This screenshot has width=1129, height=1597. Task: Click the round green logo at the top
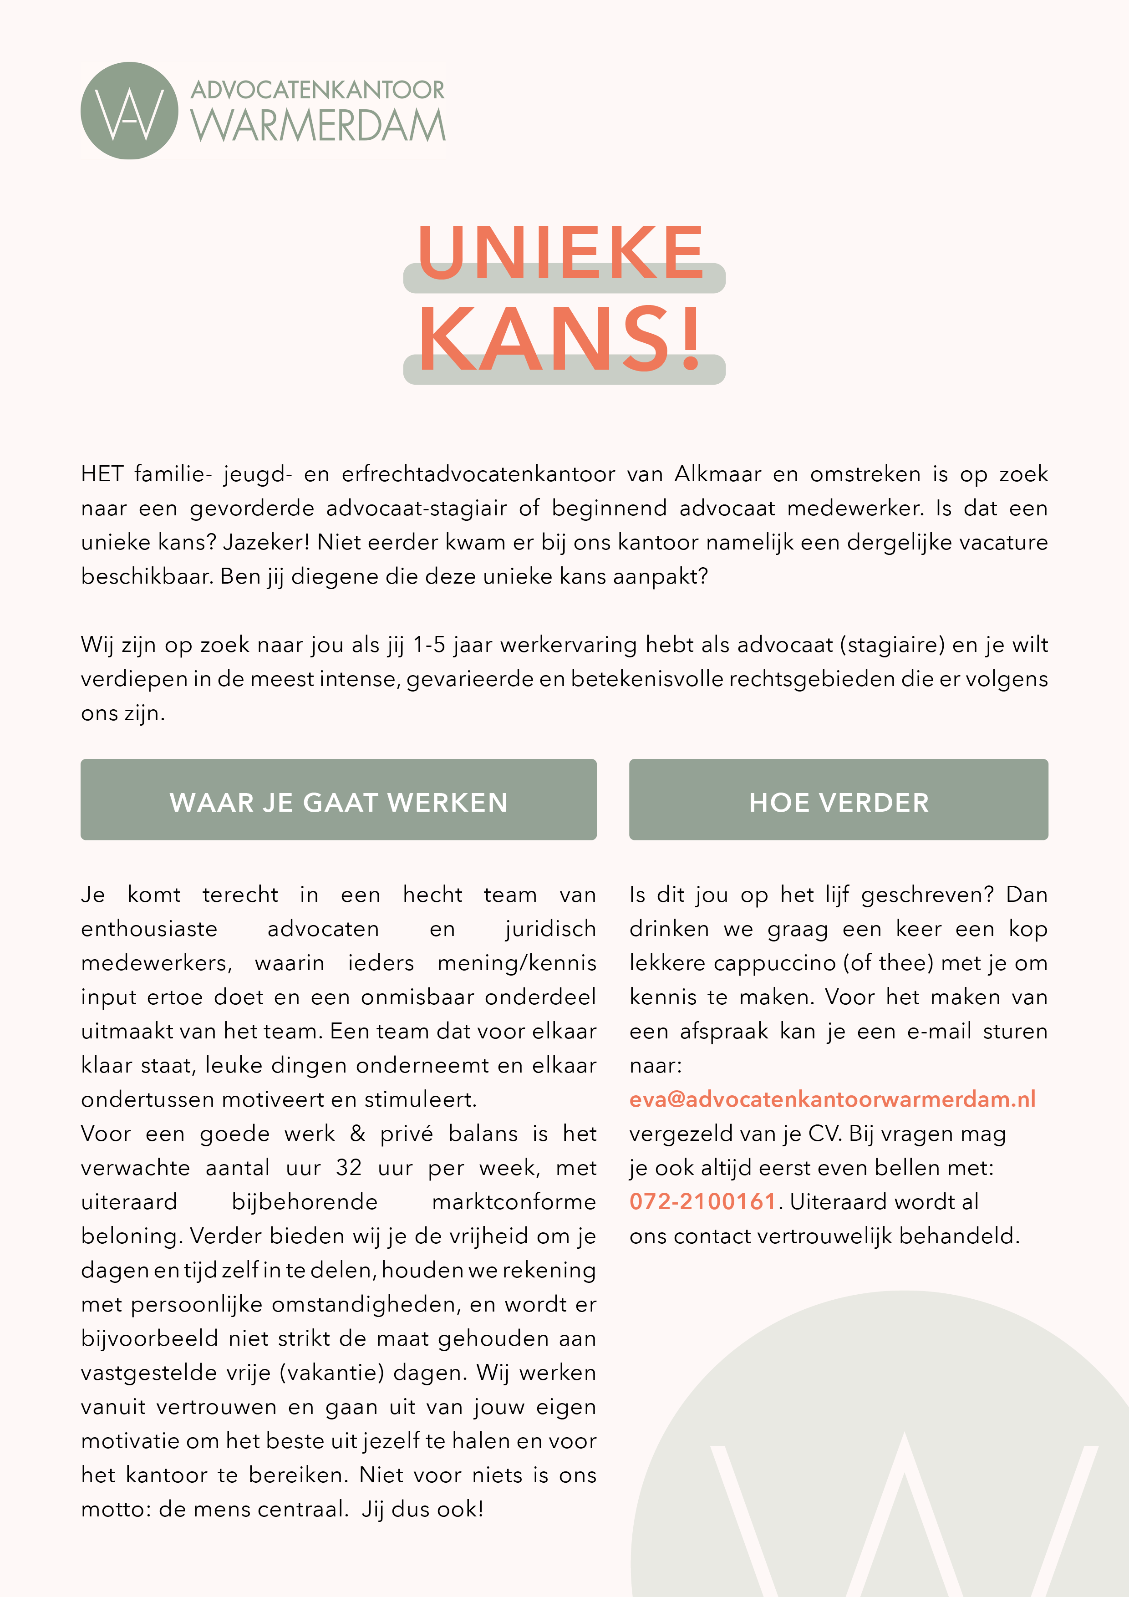[129, 111]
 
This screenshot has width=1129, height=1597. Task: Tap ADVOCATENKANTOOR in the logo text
[318, 90]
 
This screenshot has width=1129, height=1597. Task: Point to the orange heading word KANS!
[561, 339]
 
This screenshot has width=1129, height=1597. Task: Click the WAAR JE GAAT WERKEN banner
[338, 800]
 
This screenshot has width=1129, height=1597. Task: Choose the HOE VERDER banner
[838, 800]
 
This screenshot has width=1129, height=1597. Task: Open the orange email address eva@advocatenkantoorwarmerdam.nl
[833, 1099]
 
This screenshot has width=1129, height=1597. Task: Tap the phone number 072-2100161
[702, 1201]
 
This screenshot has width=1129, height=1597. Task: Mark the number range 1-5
[429, 645]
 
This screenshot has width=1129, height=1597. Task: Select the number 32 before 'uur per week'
[349, 1168]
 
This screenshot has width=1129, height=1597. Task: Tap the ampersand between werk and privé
[357, 1134]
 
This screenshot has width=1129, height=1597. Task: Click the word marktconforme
[514, 1202]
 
